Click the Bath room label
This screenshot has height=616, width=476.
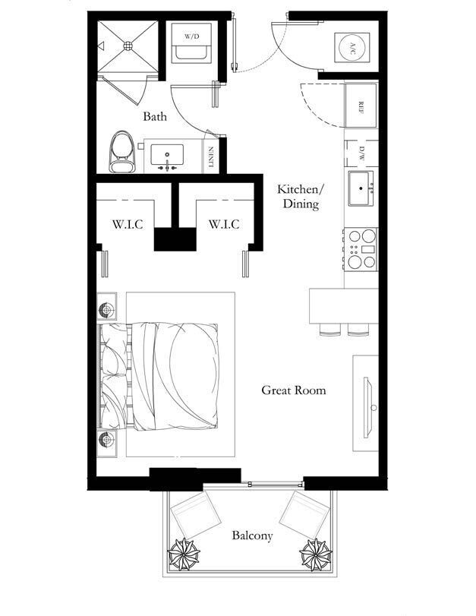(154, 117)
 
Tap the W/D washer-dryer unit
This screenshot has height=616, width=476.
(191, 42)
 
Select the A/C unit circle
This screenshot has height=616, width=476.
(352, 48)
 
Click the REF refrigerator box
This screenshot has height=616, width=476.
(361, 106)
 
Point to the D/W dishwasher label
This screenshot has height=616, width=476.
(361, 153)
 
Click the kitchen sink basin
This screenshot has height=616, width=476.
(361, 188)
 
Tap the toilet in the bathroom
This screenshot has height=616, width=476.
(122, 152)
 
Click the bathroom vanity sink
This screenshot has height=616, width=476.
(167, 155)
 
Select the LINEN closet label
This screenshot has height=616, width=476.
(211, 157)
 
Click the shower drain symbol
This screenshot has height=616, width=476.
(128, 46)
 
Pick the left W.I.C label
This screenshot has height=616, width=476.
(128, 224)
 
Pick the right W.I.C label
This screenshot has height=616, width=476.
(224, 224)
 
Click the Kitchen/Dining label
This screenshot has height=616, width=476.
(301, 197)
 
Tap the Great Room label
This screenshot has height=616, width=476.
(294, 390)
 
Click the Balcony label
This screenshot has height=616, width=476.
(252, 535)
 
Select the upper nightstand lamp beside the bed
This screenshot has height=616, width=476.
(106, 310)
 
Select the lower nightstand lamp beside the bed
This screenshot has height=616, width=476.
(106, 440)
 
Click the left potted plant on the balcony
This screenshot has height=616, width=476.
(184, 554)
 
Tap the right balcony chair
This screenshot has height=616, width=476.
(305, 515)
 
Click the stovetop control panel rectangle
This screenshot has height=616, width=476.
(368, 249)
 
